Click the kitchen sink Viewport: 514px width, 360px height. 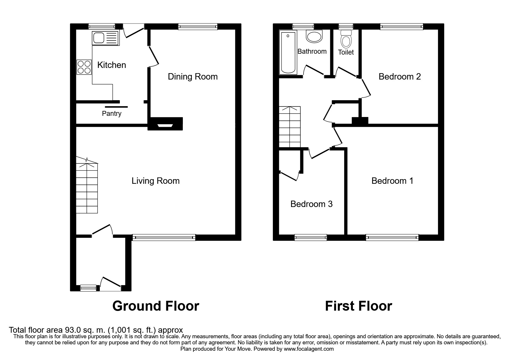coord(105,38)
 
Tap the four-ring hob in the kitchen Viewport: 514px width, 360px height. coord(84,67)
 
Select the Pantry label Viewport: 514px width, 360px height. coord(111,114)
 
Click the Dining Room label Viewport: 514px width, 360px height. coord(193,77)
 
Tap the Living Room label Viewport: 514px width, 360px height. coord(156,181)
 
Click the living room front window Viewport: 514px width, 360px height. coord(164,237)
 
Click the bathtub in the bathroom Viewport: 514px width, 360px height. coord(288,52)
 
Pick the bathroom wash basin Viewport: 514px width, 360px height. coord(314,37)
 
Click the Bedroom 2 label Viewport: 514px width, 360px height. coord(400,77)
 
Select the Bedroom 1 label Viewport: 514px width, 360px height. coord(392,181)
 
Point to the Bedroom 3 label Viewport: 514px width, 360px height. coord(311,204)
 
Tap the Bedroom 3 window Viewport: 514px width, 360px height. coord(311,237)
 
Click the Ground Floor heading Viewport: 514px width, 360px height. coord(156,306)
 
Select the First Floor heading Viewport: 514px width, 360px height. coord(358,306)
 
